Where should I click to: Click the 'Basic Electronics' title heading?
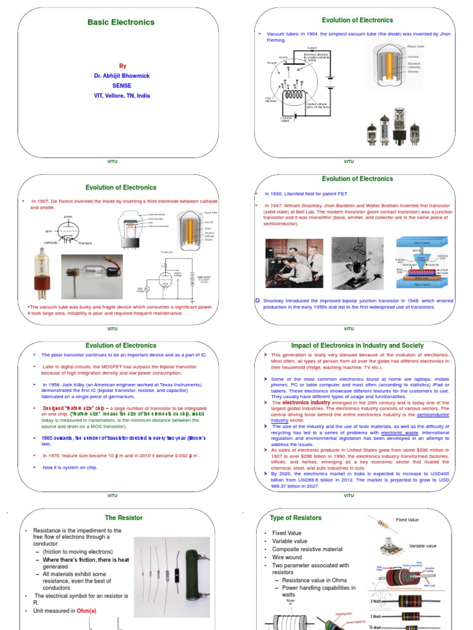point(121,22)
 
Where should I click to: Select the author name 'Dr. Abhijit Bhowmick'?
point(121,76)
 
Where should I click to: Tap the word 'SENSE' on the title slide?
point(121,86)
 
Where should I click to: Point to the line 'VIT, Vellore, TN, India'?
point(121,96)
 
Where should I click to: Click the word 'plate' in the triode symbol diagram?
point(68,217)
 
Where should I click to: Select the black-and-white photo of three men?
point(289,263)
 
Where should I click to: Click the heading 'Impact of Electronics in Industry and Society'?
point(357,346)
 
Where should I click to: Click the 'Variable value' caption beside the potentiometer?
point(422,546)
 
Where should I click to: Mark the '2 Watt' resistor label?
point(376,600)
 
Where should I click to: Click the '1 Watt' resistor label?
point(376,616)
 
